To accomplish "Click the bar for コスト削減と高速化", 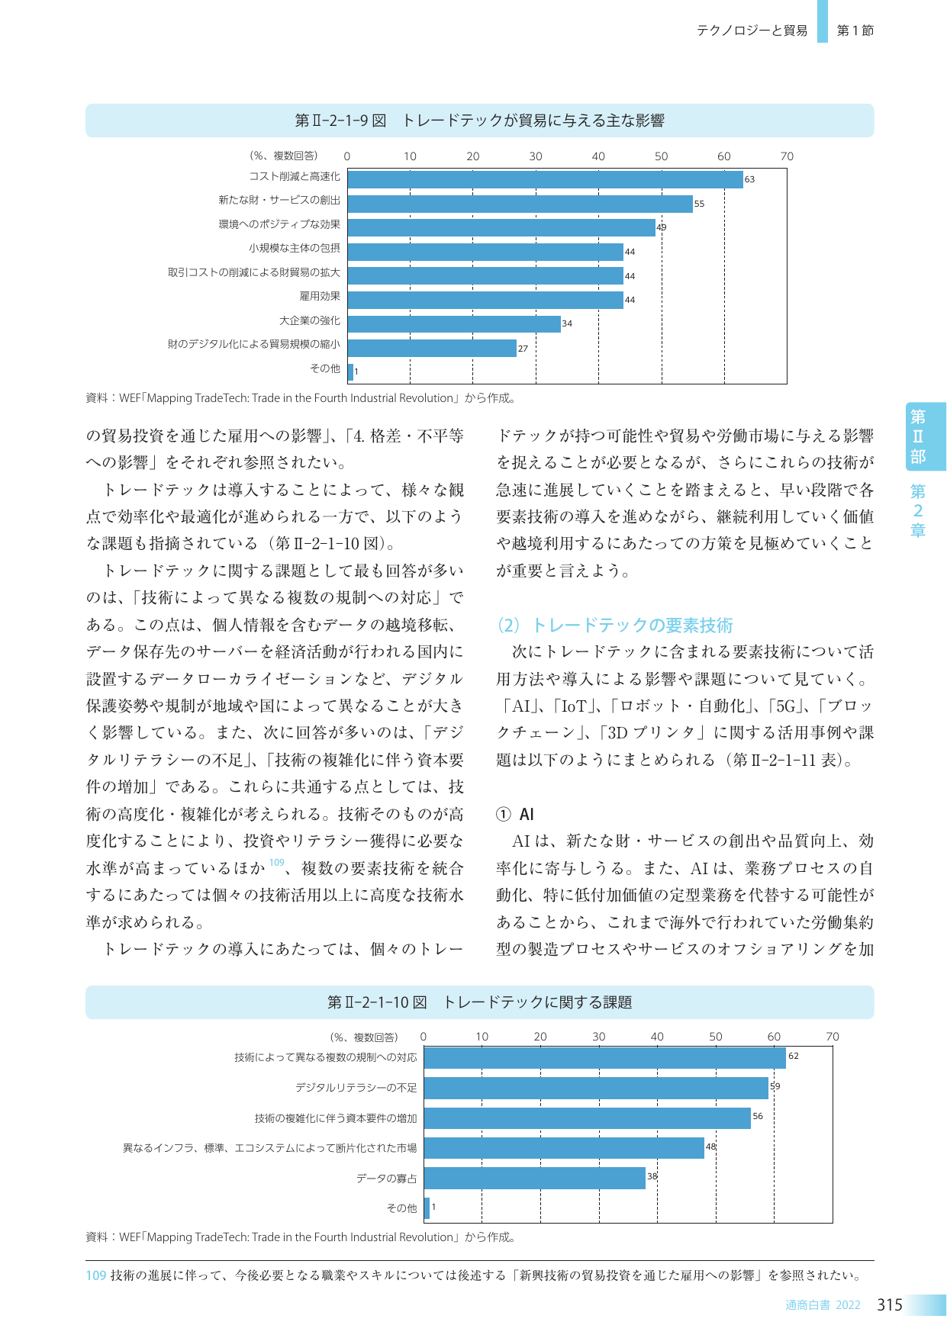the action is point(545,179).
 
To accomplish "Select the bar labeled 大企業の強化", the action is point(454,323).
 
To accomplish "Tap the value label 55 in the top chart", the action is point(699,204).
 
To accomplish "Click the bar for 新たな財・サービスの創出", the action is point(520,204).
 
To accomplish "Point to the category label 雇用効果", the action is point(320,296).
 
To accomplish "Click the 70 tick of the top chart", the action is point(787,156).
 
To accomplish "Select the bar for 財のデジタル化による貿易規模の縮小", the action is point(432,348).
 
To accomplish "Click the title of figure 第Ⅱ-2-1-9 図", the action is point(479,121).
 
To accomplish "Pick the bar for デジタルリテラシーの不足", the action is point(596,1088).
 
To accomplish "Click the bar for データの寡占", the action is point(535,1178).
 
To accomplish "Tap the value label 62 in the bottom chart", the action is point(794,1056).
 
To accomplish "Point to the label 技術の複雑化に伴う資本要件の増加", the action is point(336,1118).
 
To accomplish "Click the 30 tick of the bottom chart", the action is point(599,1037).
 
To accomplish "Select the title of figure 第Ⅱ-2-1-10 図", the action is point(479,1002).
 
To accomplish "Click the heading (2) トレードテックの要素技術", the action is point(614,626).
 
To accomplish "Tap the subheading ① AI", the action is point(515,815).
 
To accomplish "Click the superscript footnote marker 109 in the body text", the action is point(276,863).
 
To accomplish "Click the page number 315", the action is point(890,1305).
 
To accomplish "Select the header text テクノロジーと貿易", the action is point(752,31).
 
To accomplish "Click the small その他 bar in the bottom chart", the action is point(427,1208).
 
